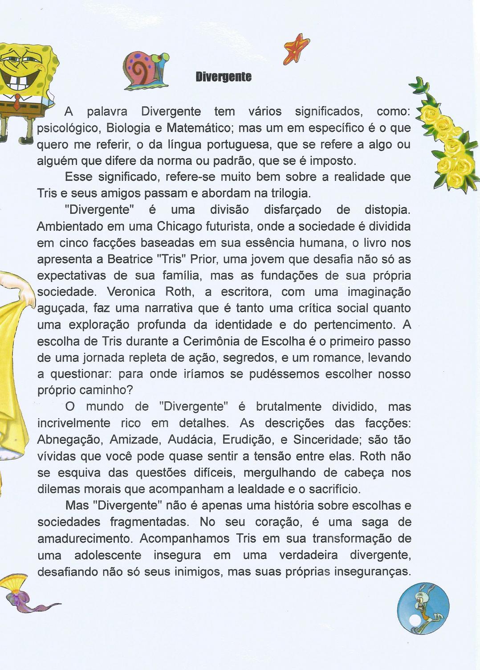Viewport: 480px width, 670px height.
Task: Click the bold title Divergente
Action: tap(224, 77)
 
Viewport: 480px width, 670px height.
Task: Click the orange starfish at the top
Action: tap(297, 49)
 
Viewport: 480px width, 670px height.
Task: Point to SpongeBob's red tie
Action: tap(16, 102)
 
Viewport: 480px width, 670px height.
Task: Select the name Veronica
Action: tap(131, 292)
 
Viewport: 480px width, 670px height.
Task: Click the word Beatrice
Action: tap(130, 259)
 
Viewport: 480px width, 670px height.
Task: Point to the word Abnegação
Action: tap(69, 440)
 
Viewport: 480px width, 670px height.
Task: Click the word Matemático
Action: tap(200, 128)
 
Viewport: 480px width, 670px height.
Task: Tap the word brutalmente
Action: tap(289, 407)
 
